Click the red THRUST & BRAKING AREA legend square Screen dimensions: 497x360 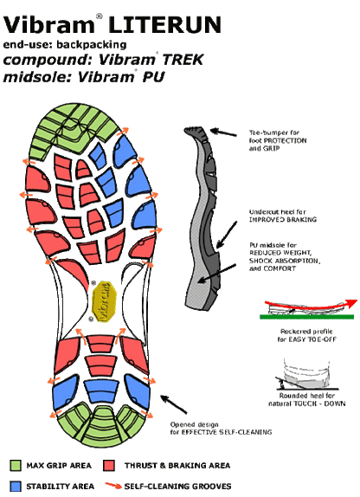coord(111,462)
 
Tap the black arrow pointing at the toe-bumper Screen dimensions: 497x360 coord(225,132)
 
